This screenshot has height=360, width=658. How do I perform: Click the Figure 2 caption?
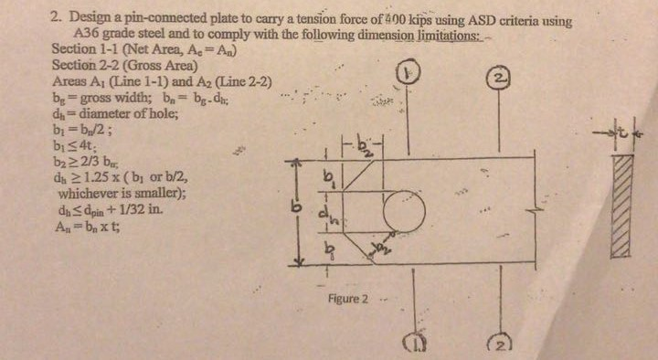click(x=348, y=299)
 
